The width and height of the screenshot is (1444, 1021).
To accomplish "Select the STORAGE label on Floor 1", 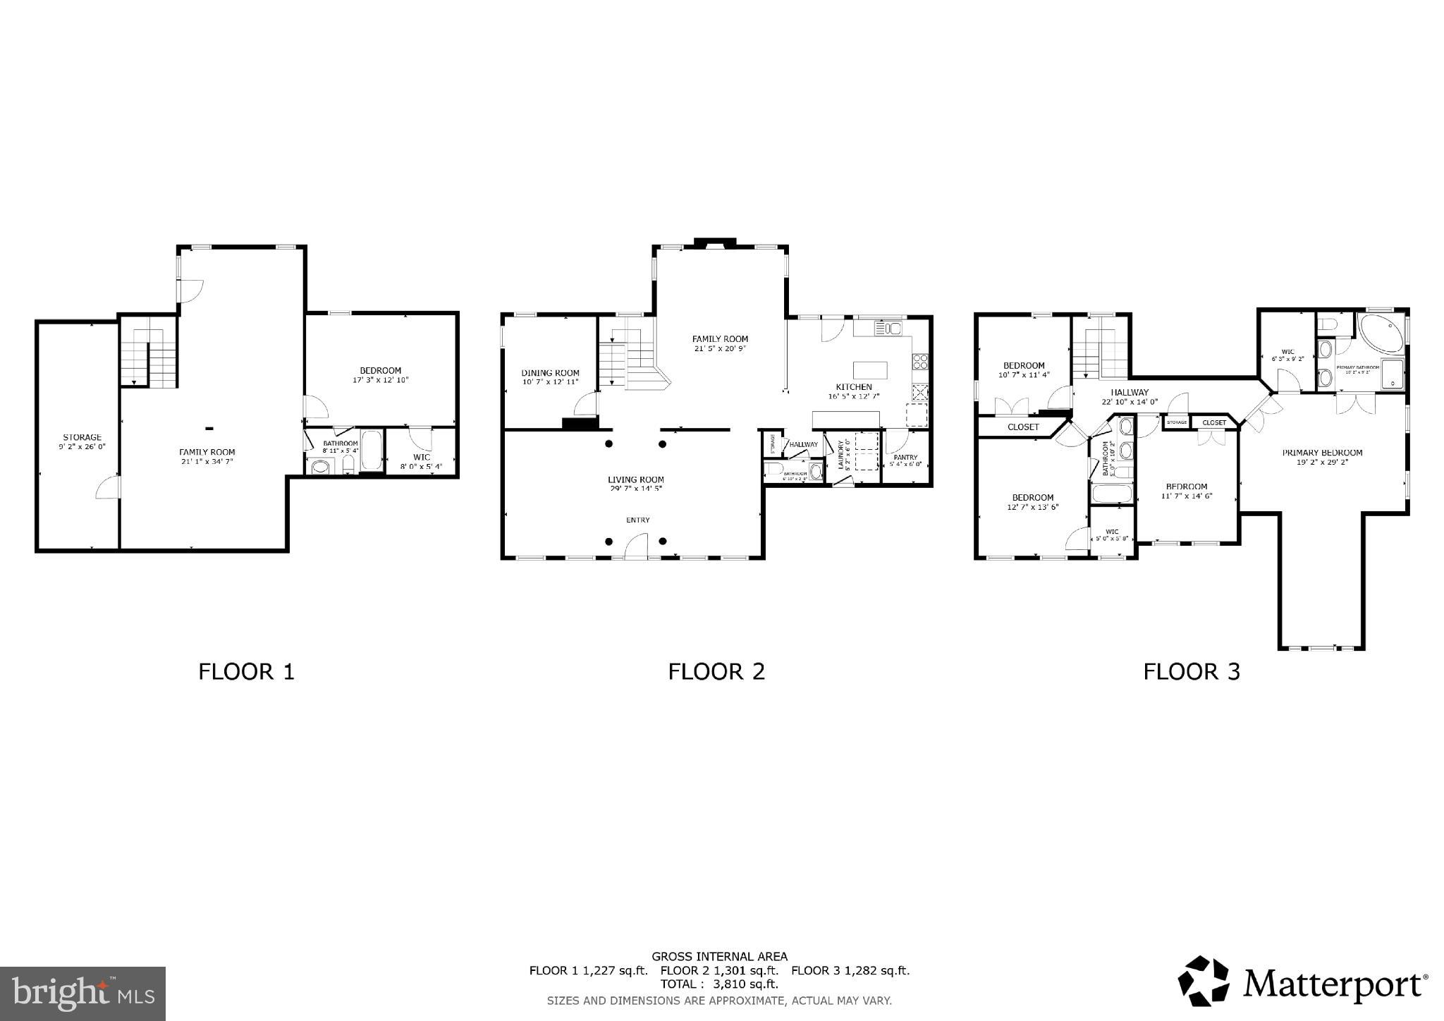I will [x=82, y=437].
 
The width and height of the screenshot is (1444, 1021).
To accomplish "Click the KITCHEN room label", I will [x=854, y=387].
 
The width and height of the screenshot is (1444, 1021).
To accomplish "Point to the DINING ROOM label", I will [x=550, y=373].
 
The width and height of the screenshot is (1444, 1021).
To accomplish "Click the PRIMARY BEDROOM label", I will [x=1322, y=453].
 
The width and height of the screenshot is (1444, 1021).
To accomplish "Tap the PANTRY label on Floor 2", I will [x=905, y=457].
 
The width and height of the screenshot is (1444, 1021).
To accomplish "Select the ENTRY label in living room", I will [x=637, y=520].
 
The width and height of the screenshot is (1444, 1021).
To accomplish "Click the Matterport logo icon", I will [x=1204, y=981].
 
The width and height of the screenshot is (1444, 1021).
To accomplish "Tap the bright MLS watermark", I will [x=83, y=994].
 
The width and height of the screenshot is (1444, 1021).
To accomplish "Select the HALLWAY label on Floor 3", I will [x=1130, y=392].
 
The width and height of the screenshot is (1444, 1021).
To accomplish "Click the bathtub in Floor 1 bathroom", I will [x=371, y=452].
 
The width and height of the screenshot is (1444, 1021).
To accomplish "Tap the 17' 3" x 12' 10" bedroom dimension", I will [x=380, y=380].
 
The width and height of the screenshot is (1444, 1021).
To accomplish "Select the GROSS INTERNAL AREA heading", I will [x=719, y=957].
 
